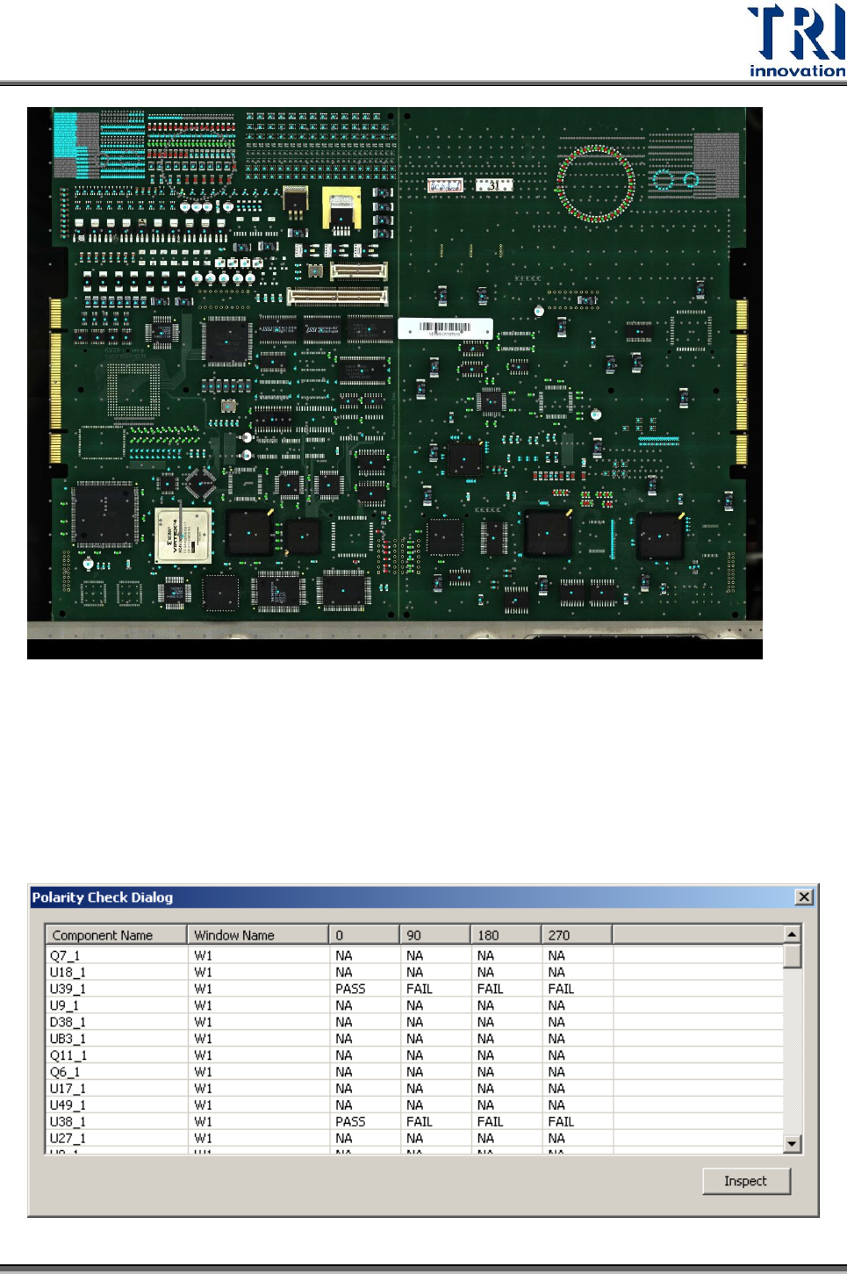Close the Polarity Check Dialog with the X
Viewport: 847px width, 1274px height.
[x=803, y=896]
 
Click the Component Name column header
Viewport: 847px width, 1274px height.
[x=103, y=935]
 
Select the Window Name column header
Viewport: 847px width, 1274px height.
[x=234, y=935]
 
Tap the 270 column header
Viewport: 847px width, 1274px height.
[x=559, y=935]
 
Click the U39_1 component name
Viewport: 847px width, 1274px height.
[x=68, y=989]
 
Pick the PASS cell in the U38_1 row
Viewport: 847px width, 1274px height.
[x=350, y=1121]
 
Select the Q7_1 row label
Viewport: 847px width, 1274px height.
[x=65, y=955]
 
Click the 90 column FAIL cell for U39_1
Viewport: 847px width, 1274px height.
[x=419, y=989]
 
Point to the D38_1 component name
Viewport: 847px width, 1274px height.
[x=68, y=1022]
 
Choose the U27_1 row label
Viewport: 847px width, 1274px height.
[x=68, y=1138]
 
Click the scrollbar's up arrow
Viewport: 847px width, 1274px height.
[x=793, y=934]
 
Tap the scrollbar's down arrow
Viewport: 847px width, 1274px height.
[x=793, y=1143]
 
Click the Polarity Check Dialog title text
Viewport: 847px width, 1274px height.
[x=103, y=897]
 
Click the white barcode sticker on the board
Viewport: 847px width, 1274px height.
[x=445, y=327]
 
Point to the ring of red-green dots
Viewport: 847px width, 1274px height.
[x=596, y=184]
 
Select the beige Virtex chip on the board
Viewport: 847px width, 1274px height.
[x=183, y=536]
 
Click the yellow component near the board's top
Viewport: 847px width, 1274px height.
[x=341, y=208]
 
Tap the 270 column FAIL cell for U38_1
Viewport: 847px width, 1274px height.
[x=560, y=1121]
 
